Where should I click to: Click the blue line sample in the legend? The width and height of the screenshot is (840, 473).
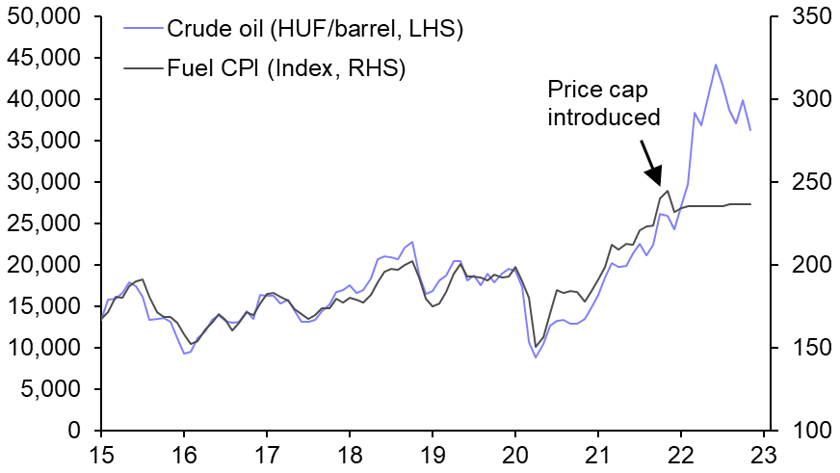141,29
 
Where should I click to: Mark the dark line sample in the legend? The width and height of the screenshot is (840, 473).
141,68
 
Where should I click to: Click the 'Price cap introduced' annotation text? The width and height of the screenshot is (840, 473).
603,103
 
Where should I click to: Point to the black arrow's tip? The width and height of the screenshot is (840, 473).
659,184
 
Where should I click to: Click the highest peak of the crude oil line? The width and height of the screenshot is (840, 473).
716,65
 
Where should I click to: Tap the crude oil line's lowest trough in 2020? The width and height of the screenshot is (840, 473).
537,357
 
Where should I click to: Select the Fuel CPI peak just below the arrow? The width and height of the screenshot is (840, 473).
668,191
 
